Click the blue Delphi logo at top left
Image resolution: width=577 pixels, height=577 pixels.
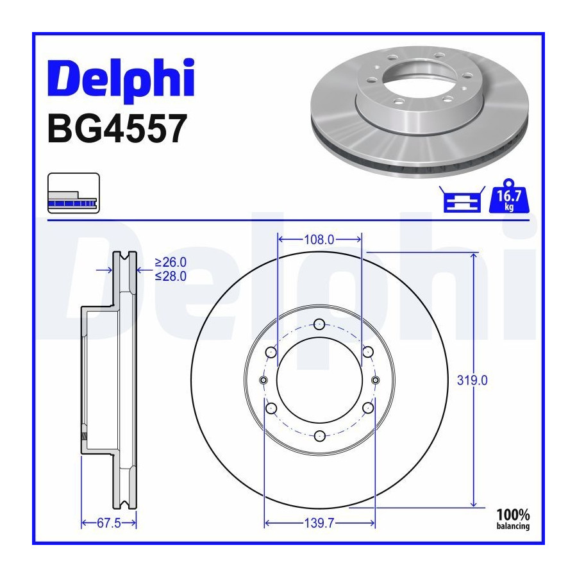[121, 79]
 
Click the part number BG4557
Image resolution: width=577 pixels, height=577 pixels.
[117, 129]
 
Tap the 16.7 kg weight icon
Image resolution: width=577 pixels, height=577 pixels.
[509, 196]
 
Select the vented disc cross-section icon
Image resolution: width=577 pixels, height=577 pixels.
[74, 193]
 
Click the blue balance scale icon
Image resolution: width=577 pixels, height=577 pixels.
[462, 199]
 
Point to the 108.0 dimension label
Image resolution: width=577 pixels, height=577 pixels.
[319, 240]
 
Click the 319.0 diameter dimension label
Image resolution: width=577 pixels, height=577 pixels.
[472, 380]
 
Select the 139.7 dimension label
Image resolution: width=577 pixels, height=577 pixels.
[319, 523]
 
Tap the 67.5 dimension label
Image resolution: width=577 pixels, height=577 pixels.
[108, 523]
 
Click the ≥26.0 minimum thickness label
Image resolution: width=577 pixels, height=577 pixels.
[171, 262]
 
